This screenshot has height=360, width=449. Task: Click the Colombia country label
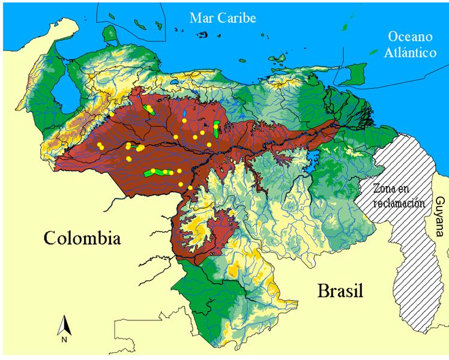coord(82,238)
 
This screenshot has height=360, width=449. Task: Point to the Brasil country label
coord(340,292)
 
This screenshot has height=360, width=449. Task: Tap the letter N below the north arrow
coord(64,340)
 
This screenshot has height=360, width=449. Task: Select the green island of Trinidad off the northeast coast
coord(358,74)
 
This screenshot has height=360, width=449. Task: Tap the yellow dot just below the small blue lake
coord(185,121)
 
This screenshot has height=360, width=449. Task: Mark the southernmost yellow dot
coord(190,188)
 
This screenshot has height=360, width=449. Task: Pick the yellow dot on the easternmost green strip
coord(215,126)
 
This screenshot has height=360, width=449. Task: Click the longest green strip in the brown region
coord(158,172)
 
